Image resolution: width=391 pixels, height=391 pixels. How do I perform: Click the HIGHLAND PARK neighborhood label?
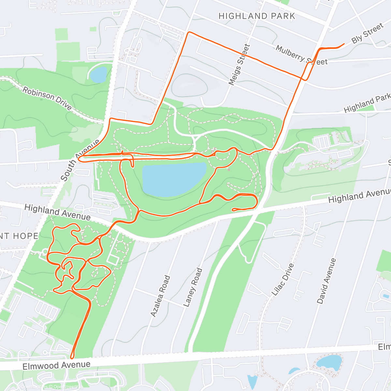257,16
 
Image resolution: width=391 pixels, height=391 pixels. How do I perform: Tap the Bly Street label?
367,34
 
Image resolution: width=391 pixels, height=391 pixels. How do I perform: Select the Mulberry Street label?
301,55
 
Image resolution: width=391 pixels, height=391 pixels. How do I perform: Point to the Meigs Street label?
239,65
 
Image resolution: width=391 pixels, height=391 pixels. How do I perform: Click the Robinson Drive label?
47,98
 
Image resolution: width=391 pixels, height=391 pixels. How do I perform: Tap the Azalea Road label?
160,296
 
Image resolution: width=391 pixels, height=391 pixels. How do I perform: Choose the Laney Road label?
193,287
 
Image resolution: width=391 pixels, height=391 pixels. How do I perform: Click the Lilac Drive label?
282,280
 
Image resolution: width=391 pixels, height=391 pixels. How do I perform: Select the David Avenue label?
326,281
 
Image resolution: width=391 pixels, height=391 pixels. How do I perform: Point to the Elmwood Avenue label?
56,365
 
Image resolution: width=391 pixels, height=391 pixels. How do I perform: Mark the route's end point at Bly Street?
344,44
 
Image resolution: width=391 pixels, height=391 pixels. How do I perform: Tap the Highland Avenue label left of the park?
57,212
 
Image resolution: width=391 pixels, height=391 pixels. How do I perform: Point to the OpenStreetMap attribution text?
49,387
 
